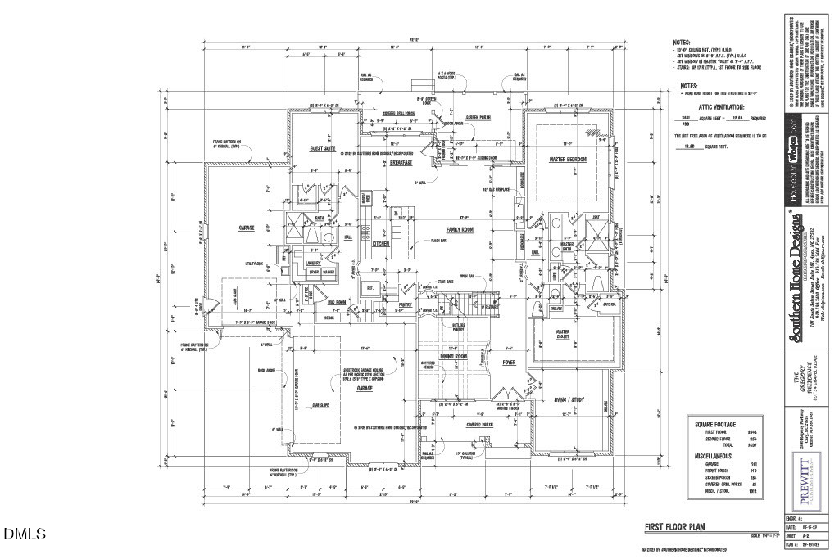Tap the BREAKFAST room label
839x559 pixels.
pyautogui.click(x=401, y=162)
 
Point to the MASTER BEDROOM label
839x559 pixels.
pyautogui.click(x=570, y=158)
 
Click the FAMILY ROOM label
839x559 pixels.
pyautogui.click(x=460, y=230)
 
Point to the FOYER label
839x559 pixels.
pyautogui.click(x=509, y=361)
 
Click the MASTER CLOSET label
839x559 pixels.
pyautogui.click(x=569, y=333)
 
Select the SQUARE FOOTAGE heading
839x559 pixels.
pyautogui.click(x=715, y=425)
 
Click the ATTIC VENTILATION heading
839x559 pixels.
pyautogui.click(x=721, y=107)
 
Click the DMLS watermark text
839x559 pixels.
pyautogui.click(x=25, y=534)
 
